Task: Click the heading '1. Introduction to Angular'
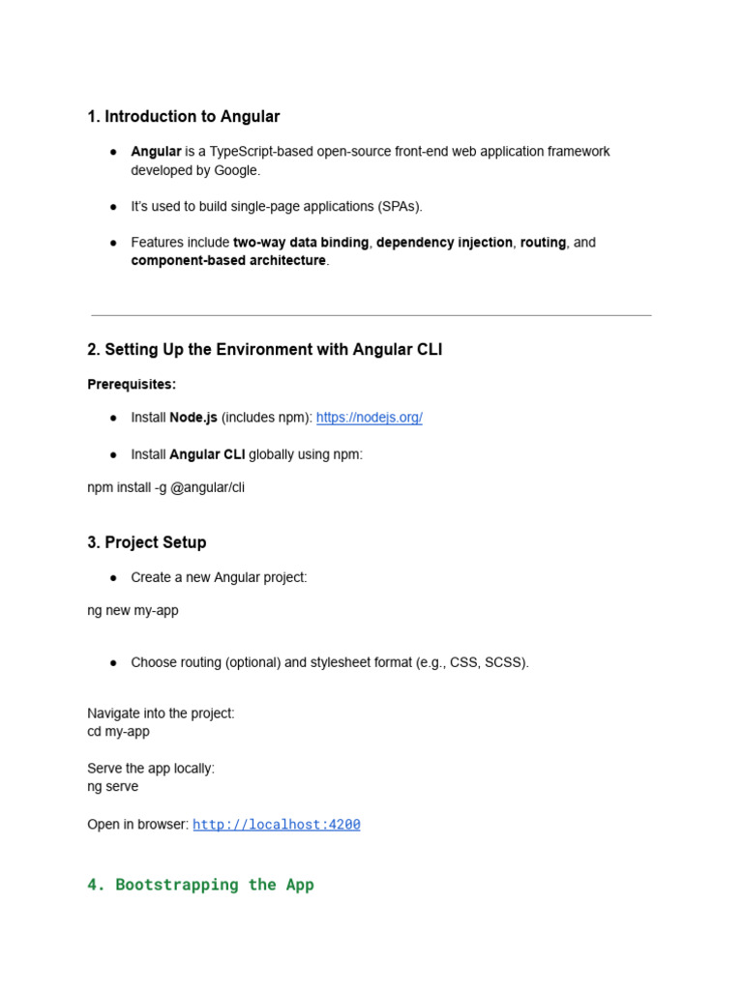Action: [x=183, y=117]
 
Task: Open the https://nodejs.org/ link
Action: [x=369, y=418]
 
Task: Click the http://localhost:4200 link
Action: [x=277, y=825]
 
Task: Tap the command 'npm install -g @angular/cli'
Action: [x=165, y=487]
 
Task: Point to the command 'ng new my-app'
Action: [x=133, y=611]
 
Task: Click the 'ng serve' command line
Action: [x=112, y=787]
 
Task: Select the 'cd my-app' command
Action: [x=118, y=732]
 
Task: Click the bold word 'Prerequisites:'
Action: [x=132, y=384]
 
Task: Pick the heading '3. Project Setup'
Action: [x=146, y=542]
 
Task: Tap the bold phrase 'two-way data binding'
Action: [x=301, y=243]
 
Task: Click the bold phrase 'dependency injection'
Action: [x=444, y=243]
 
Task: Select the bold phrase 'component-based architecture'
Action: [x=228, y=261]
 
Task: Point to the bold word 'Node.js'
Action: [x=193, y=418]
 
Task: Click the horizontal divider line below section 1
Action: [x=371, y=315]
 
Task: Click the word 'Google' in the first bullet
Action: [x=235, y=170]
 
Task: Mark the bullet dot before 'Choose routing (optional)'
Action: [x=113, y=663]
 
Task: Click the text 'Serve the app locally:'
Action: [x=151, y=769]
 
